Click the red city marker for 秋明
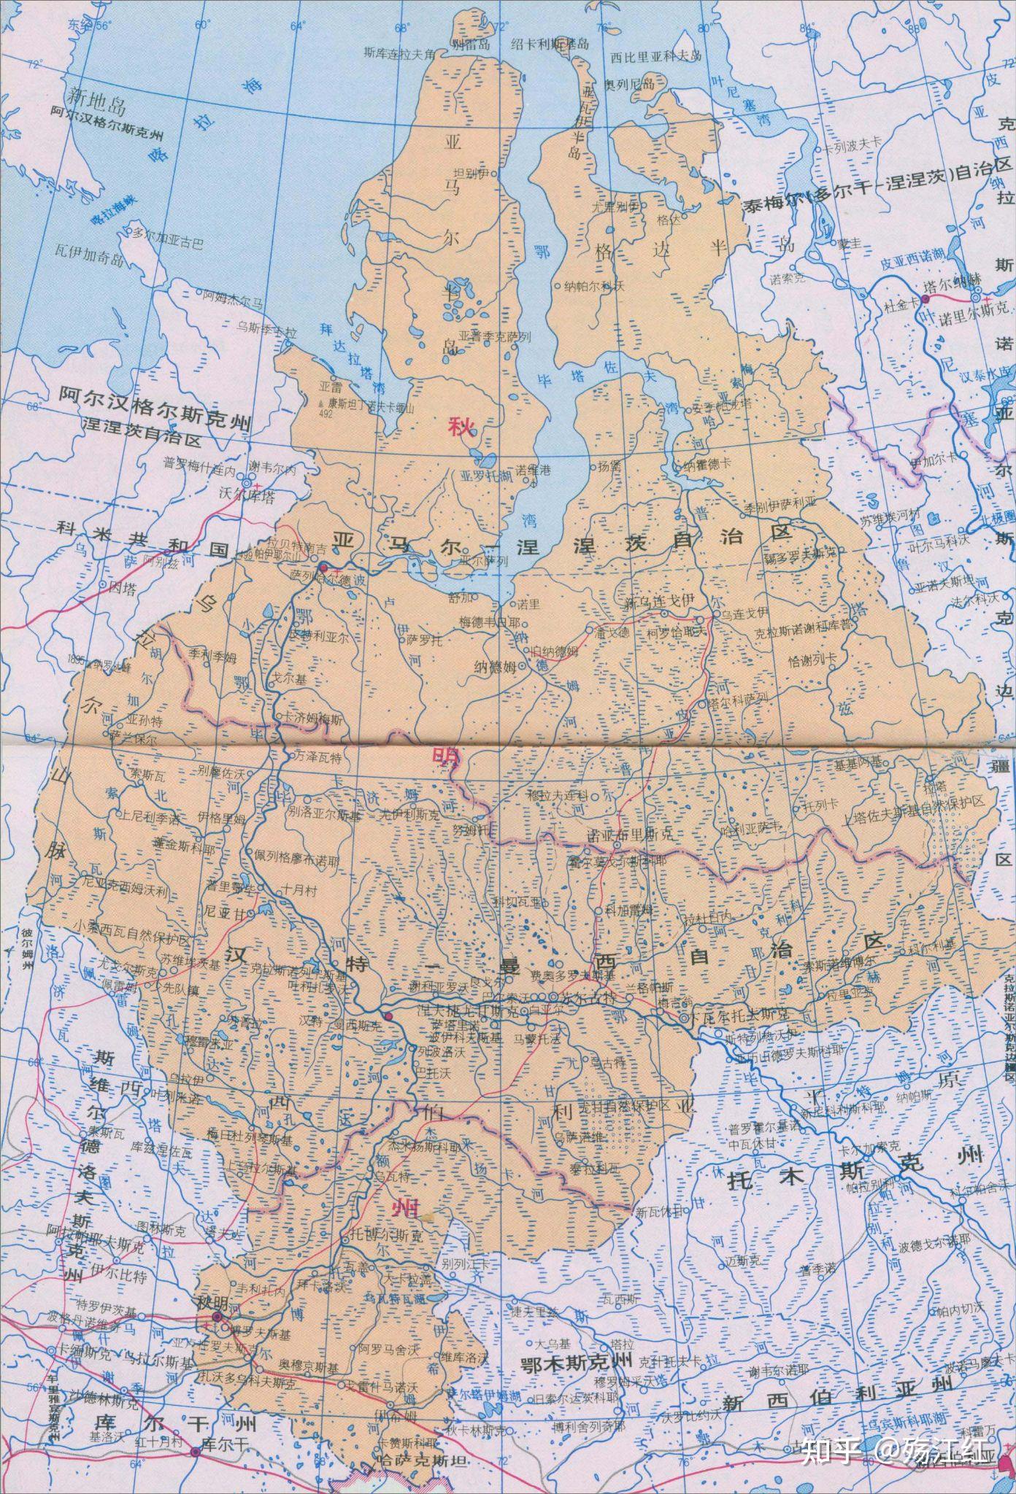click(x=217, y=1317)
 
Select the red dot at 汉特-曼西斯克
click(x=388, y=1016)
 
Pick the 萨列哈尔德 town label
click(x=320, y=576)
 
